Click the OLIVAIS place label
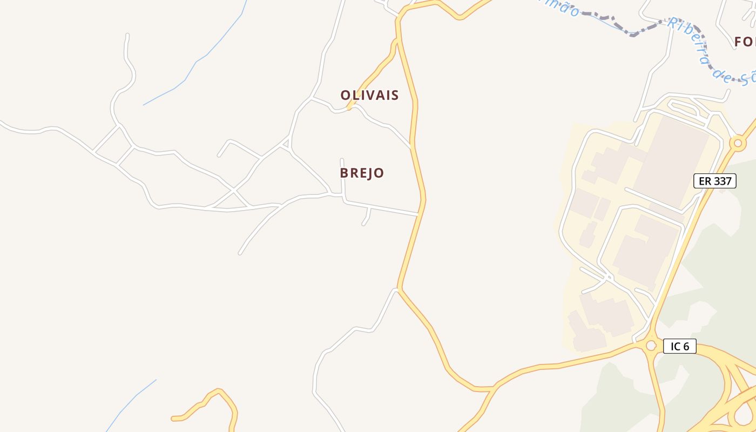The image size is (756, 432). (x=369, y=96)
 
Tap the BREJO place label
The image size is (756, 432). (x=362, y=173)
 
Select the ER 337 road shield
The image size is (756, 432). (x=714, y=181)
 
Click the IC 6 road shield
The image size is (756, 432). (x=679, y=346)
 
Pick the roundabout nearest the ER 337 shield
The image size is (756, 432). (x=738, y=143)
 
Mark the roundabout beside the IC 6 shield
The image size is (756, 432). (x=651, y=345)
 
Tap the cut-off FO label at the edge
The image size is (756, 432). (x=744, y=42)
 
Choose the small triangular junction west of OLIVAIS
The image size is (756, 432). (x=286, y=144)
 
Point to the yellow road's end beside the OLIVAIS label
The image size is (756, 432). (x=350, y=108)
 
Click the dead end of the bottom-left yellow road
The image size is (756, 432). (x=173, y=418)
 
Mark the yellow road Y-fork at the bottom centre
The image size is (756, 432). (x=494, y=388)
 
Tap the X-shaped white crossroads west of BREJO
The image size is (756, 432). (x=233, y=190)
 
